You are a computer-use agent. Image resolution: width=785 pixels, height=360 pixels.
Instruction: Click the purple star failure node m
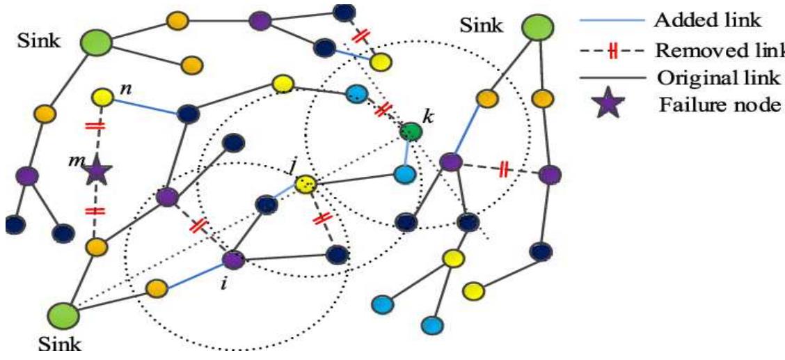point(97,171)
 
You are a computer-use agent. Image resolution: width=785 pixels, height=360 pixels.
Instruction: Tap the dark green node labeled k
point(411,130)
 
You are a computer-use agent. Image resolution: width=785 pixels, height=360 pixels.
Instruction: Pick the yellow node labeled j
point(306,185)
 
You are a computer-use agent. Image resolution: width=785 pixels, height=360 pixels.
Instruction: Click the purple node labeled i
point(233,260)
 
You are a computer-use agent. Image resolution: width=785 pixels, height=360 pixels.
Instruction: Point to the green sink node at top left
point(96,43)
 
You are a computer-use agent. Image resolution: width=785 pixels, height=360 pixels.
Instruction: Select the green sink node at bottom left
point(63,315)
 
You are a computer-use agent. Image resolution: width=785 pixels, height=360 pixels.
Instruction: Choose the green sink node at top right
point(537,28)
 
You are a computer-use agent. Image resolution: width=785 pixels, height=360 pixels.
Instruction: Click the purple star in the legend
point(610,106)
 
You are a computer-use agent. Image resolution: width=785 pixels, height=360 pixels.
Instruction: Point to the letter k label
point(428,116)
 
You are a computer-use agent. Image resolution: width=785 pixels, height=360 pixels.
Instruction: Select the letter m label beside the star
point(72,162)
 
